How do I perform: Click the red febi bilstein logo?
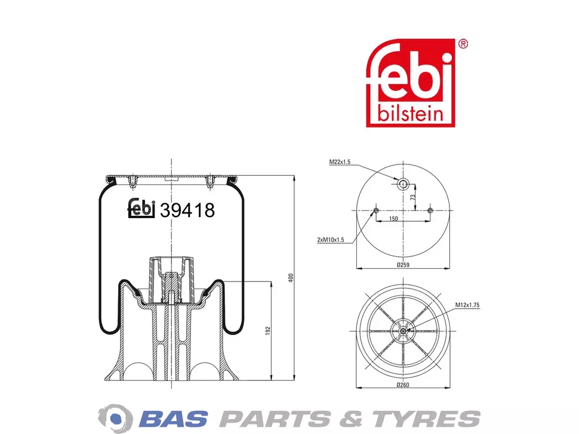(x=411, y=83)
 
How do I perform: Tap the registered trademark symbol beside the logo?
(x=463, y=44)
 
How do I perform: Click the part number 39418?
(x=187, y=210)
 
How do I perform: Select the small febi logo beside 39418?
(x=141, y=208)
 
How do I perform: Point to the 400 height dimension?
(x=291, y=278)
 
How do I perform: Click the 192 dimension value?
(x=268, y=331)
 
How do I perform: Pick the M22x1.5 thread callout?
(x=340, y=162)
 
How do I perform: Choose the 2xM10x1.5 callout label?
(x=331, y=240)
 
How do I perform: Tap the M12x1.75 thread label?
(x=467, y=305)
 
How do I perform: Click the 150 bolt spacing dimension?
(x=393, y=219)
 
